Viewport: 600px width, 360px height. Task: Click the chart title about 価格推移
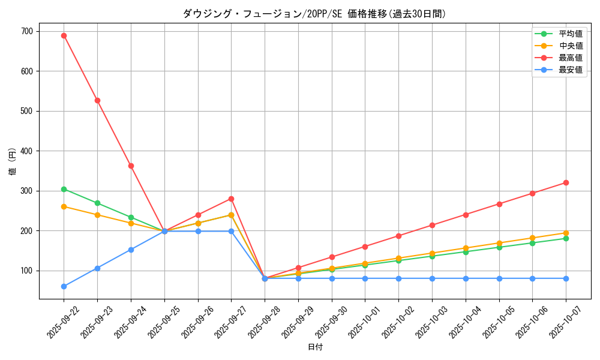(x=314, y=14)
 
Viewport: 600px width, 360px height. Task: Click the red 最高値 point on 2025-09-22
(x=64, y=35)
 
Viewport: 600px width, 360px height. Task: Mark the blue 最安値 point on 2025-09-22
(x=64, y=286)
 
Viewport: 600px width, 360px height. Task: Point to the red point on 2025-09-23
(x=97, y=100)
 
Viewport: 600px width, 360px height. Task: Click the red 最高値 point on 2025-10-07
(x=566, y=182)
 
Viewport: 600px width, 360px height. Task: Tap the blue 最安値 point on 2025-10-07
(x=566, y=278)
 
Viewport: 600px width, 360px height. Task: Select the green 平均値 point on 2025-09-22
(x=64, y=189)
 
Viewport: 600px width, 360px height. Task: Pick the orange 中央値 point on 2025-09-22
(x=64, y=206)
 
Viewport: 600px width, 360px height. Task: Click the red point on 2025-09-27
(x=231, y=199)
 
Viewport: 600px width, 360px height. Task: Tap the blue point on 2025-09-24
(x=131, y=250)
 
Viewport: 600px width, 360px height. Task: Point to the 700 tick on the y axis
(x=28, y=31)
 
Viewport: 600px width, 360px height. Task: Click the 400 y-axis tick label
(x=28, y=151)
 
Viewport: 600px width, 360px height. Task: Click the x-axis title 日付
(x=315, y=347)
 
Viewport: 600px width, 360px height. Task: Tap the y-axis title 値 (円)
(x=12, y=162)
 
